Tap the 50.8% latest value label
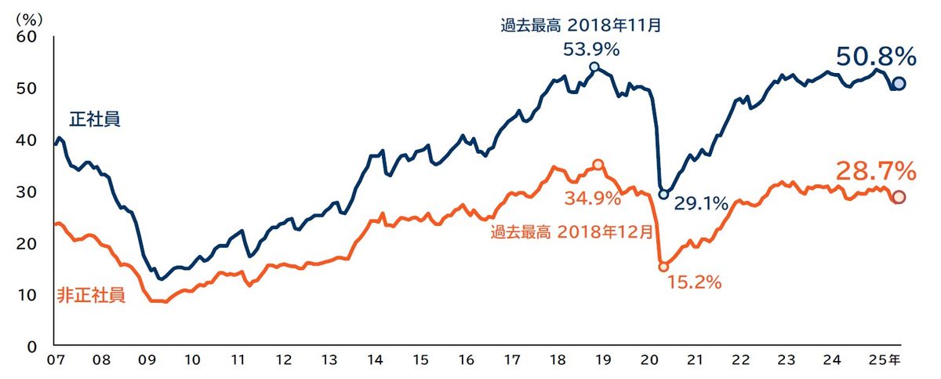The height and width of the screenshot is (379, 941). coord(876,56)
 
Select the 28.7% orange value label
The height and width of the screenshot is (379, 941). coord(876,170)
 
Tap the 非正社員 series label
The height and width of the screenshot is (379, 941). coord(90,296)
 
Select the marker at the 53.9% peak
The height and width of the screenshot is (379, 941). coord(594,67)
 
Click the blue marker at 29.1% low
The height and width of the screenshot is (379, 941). coord(663,194)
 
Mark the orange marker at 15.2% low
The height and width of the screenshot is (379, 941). coord(663,267)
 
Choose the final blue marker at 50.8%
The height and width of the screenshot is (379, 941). coord(899,84)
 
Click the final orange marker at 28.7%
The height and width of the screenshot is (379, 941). coord(899,197)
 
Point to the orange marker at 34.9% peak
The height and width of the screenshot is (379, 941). coord(598,164)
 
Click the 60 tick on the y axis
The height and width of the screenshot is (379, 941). coord(26,36)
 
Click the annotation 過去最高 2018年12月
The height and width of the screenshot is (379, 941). coord(572,231)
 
